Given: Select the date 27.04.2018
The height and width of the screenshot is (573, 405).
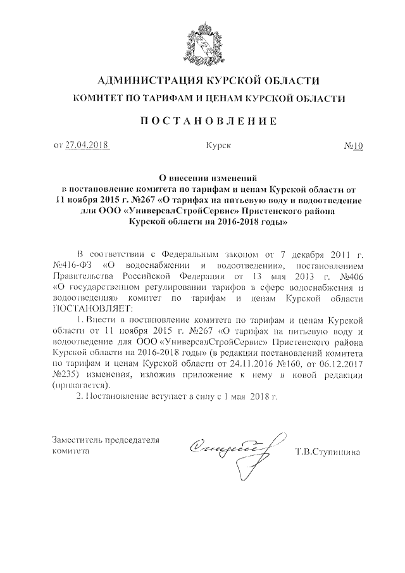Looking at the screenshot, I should pos(87,146).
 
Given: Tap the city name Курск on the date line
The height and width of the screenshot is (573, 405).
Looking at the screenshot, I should pos(218,146).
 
